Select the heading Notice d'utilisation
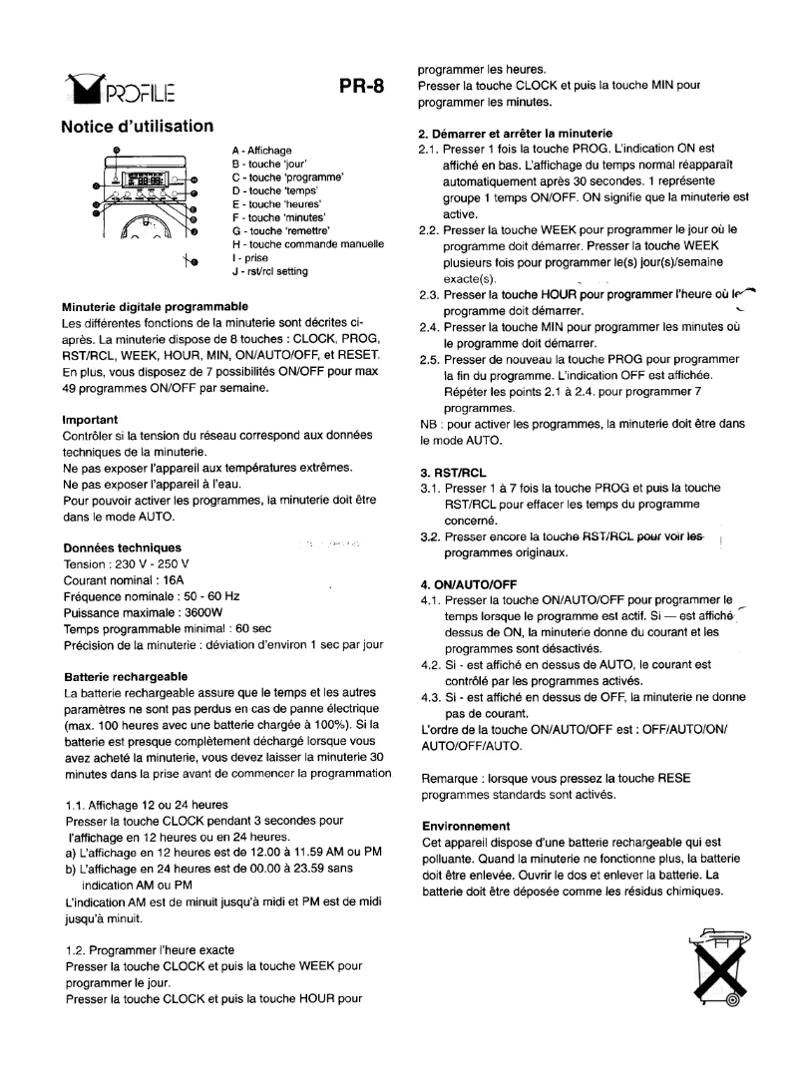137,126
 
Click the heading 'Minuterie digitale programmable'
155,305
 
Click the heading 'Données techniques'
122,548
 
